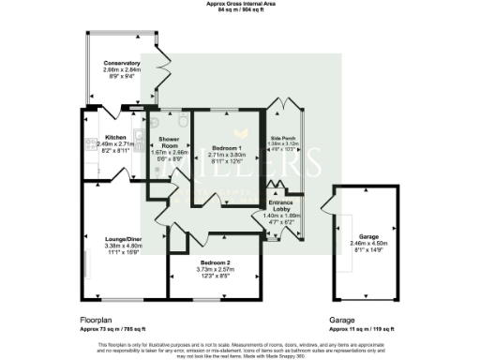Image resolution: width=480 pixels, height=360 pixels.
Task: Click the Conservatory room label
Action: pos(122,64)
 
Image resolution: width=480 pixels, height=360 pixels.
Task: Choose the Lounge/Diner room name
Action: pos(111,240)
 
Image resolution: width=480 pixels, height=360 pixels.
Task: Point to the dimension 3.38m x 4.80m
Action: pos(111,247)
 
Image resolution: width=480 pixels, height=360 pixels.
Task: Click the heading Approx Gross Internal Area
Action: pos(239,4)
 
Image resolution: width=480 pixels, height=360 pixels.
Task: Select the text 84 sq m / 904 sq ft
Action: pos(239,10)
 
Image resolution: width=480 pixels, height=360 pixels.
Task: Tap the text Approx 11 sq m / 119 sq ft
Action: pos(361,329)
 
